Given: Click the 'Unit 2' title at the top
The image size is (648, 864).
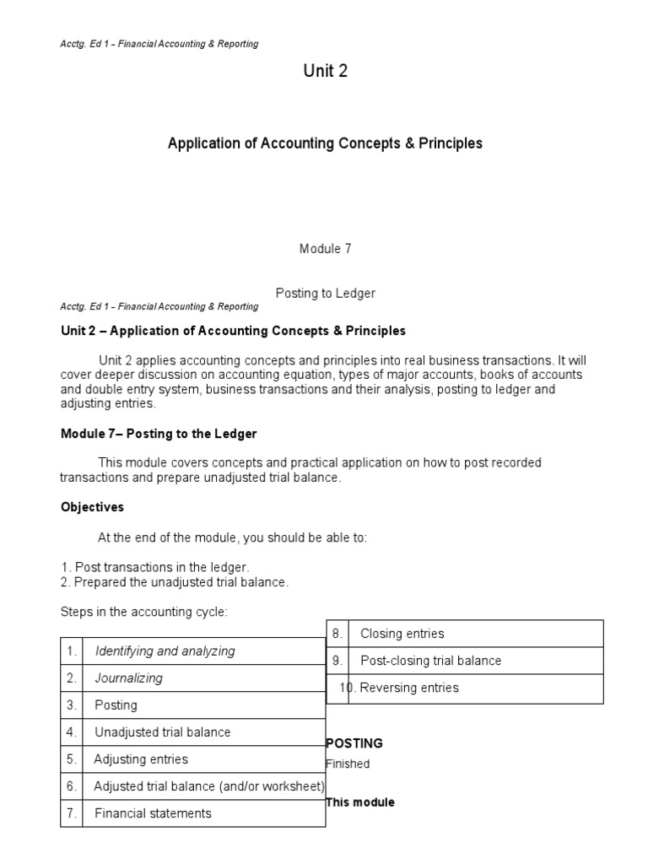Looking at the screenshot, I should pos(325,72).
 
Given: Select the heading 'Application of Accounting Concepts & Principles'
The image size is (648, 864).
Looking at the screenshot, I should pos(325,143).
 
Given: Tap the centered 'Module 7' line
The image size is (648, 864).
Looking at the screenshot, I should pos(325,249).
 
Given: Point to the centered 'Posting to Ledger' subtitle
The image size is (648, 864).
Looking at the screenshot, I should pos(325,293).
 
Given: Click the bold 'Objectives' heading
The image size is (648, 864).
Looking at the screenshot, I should pos(92,507).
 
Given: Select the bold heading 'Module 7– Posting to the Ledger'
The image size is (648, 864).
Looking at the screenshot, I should pos(159,434).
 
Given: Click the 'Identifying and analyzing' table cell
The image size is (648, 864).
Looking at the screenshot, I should pos(165,651).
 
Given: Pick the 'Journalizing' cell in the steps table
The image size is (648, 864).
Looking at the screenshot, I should pos(129,678).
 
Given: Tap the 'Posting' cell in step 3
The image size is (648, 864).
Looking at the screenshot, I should pos(116,705).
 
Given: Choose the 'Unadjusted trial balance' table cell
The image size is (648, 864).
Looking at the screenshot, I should pos(162,732).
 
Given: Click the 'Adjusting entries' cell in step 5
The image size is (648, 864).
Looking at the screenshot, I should pos(141,759).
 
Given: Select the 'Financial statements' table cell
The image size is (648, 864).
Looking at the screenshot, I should pos(153,813).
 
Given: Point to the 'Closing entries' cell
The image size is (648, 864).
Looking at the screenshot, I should pos(402,634).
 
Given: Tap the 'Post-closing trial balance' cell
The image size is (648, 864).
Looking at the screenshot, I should pos(430,661).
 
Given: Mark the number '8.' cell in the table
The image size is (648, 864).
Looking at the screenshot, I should pos(337,634).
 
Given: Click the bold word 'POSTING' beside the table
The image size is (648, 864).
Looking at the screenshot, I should pos(354,743).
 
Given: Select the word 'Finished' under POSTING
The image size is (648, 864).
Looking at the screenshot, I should pos(348,764).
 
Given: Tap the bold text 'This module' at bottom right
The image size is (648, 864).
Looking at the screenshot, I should pos(360,802).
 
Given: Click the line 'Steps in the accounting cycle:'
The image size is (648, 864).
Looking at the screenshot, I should pos(143,612).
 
